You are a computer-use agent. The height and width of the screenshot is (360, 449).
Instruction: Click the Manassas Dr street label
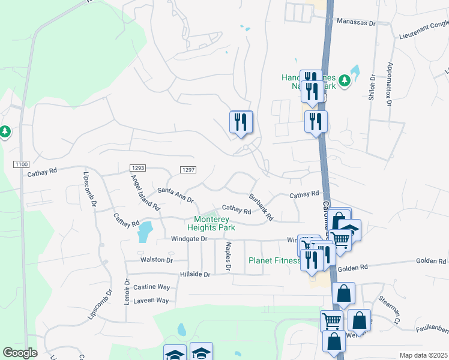click(x=355, y=22)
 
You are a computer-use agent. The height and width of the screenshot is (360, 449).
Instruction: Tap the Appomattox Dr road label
click(x=390, y=84)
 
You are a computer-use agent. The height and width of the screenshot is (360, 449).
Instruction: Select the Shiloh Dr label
click(x=372, y=87)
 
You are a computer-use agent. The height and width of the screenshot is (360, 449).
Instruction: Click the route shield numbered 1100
click(x=20, y=163)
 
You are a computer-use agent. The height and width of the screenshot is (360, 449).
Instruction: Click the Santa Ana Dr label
click(x=175, y=194)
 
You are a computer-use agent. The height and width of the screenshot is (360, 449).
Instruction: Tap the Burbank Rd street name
click(x=261, y=206)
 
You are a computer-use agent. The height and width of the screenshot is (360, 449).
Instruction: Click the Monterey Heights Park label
click(x=214, y=223)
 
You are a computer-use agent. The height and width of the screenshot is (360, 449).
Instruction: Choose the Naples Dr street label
click(x=228, y=256)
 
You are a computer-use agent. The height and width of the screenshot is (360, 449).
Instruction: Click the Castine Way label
click(x=151, y=287)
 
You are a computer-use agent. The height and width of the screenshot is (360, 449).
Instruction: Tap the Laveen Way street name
click(x=151, y=300)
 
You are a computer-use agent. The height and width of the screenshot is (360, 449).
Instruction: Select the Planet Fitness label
click(x=274, y=260)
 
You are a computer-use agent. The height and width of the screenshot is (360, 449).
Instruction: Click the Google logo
click(x=20, y=353)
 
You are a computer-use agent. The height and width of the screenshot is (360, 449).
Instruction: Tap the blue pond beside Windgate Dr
click(x=145, y=231)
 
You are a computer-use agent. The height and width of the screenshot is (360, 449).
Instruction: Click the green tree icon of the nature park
click(x=344, y=80)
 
